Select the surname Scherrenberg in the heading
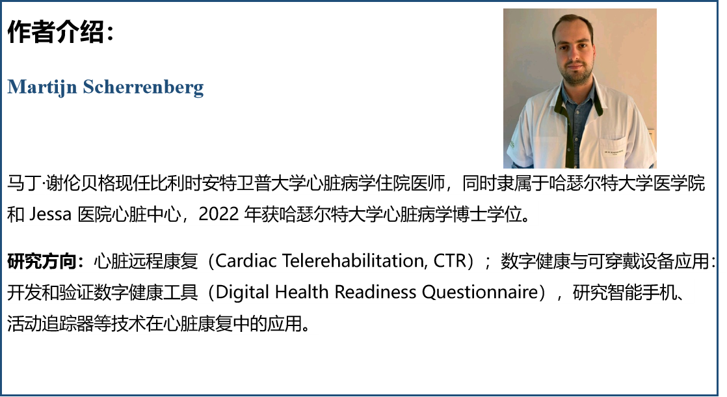pyautogui.click(x=143, y=87)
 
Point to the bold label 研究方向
pyautogui.click(x=42, y=261)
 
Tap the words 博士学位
pyautogui.click(x=494, y=215)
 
